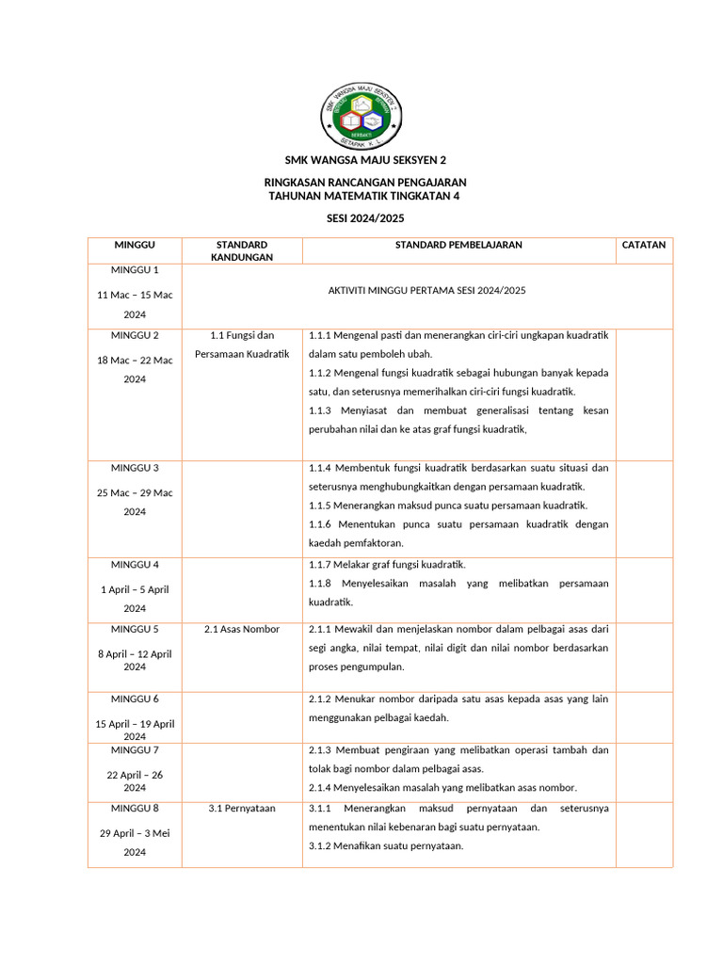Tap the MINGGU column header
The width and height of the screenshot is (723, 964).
(x=135, y=245)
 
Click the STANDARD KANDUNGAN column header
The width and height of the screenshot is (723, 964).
(x=242, y=250)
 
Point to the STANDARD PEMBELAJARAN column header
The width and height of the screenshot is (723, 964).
(x=458, y=245)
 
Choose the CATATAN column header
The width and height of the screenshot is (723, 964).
(x=644, y=245)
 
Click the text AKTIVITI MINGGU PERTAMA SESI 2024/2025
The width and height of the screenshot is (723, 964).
(x=426, y=290)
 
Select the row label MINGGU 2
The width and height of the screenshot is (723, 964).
(x=135, y=335)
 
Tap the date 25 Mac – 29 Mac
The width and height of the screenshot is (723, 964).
(x=135, y=492)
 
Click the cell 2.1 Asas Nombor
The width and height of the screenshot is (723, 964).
(x=242, y=629)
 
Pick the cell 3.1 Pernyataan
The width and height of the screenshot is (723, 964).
(x=242, y=808)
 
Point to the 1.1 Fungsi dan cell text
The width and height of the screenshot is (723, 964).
(x=242, y=335)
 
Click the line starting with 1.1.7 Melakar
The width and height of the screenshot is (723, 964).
(x=388, y=565)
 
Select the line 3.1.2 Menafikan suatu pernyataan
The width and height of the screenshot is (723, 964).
(x=386, y=845)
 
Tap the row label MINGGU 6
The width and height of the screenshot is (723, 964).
(x=135, y=699)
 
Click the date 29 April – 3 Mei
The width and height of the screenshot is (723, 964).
(x=135, y=833)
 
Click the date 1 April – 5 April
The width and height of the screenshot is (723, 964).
(x=135, y=589)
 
